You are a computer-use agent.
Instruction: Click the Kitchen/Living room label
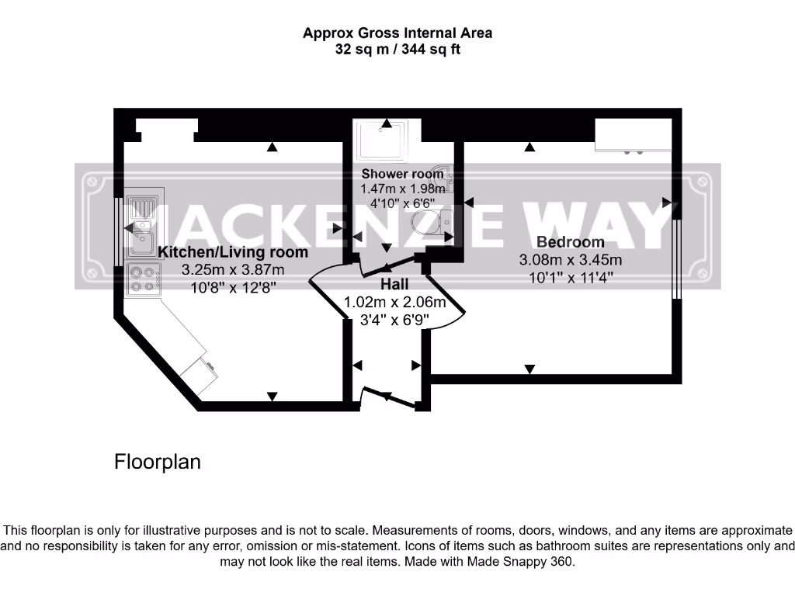point(233,252)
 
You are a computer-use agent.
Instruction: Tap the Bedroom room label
point(570,242)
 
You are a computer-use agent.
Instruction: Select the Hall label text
point(394,285)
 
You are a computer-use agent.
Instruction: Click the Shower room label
point(402,174)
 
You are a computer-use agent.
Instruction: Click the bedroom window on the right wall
point(676,260)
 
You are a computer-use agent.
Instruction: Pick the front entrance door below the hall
point(391,397)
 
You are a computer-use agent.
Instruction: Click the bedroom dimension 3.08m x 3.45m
point(570,260)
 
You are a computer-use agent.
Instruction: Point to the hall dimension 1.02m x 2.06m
point(394,303)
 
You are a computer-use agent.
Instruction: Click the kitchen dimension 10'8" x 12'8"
point(233,286)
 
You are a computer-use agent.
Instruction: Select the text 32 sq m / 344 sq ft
point(397,50)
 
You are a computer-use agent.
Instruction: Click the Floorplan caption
point(158,462)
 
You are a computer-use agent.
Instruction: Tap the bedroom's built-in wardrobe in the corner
point(633,136)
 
